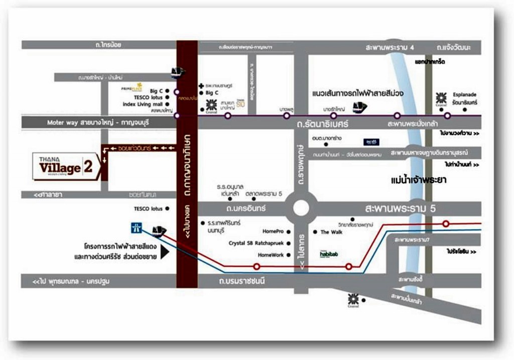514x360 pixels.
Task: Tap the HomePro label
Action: [x=273, y=231]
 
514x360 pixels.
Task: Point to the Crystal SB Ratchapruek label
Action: [x=256, y=243]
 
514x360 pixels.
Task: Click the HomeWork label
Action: [x=271, y=255]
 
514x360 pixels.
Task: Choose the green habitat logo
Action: [x=329, y=254]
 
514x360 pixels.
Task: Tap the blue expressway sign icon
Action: [x=136, y=227]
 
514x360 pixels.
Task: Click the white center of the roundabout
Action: [x=301, y=208]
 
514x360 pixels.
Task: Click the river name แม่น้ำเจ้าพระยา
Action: [x=418, y=179]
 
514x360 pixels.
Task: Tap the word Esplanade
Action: [x=464, y=94]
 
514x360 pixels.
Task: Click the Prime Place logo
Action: [x=132, y=87]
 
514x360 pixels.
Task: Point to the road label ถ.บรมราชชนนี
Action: [x=245, y=281]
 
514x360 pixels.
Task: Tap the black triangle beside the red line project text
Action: [x=165, y=252]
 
